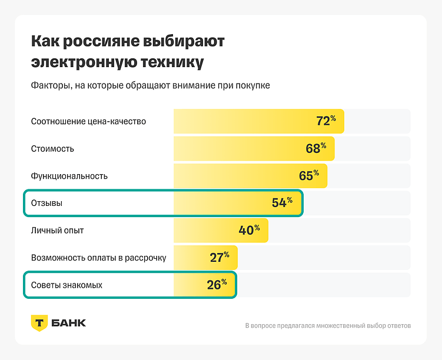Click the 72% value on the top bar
325,121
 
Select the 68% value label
315,148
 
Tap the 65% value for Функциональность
308,176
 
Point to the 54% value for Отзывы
282,203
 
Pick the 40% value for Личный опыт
249,230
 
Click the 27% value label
220,258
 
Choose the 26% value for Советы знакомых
217,285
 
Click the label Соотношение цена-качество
88,122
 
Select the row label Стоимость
52,149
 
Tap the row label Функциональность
69,176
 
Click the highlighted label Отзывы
46,203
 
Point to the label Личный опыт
57,230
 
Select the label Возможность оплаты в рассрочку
98,258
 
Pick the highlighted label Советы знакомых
67,285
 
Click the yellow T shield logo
39,323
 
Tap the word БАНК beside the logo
69,323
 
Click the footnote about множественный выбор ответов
328,325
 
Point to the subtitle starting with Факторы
150,86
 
